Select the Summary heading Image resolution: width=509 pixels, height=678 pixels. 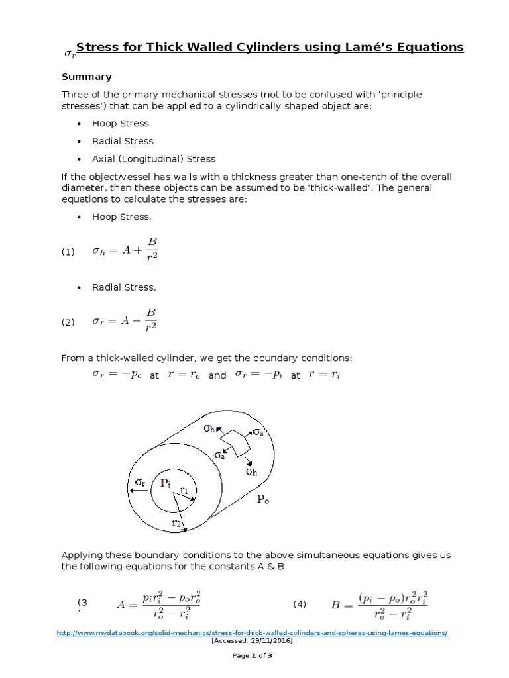87,77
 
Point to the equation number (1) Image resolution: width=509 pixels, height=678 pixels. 69,252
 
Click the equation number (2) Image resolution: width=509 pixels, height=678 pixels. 69,322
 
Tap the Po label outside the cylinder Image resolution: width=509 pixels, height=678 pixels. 263,501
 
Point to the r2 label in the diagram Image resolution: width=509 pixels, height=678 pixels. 176,524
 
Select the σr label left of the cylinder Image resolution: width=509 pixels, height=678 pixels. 139,481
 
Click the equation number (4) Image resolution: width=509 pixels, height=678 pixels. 300,604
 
